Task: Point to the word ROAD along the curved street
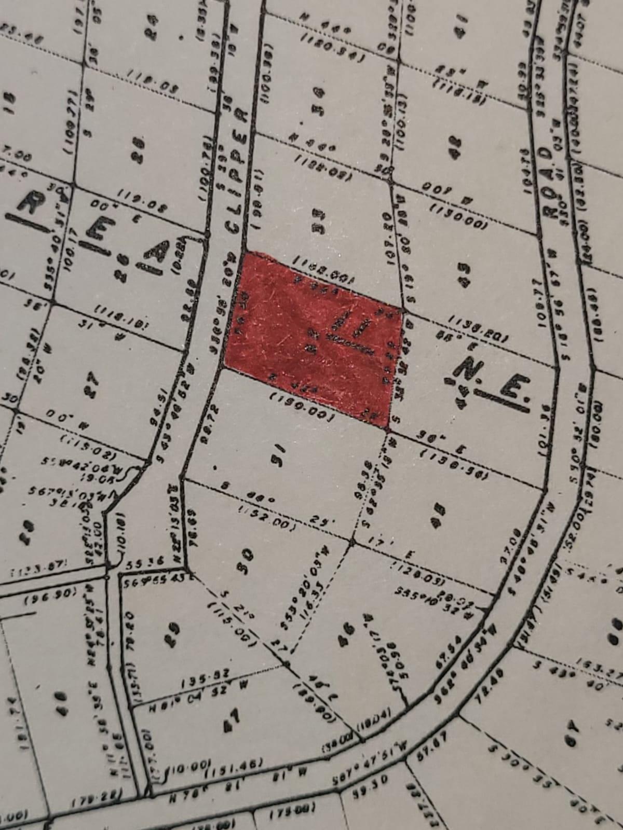(545, 187)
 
